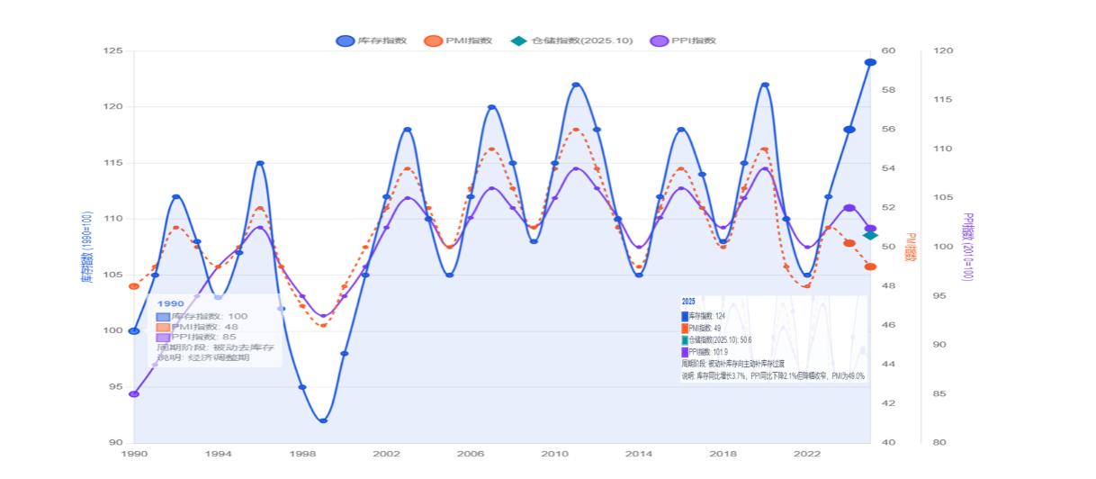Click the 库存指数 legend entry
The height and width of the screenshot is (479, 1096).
point(372,41)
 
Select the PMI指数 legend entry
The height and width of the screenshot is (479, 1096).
point(458,41)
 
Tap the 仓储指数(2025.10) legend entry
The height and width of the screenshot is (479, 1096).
point(558,41)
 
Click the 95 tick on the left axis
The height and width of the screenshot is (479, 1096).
point(115,387)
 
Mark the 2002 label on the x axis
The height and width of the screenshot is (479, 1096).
point(386,455)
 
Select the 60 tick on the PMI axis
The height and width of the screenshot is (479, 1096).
point(888,51)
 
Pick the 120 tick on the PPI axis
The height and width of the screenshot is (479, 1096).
point(943,51)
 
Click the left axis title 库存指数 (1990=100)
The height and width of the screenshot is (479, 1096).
point(87,248)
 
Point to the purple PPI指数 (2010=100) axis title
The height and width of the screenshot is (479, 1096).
point(968,248)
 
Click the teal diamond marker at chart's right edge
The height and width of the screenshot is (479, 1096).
point(870,235)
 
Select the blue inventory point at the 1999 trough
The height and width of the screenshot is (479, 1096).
point(323,420)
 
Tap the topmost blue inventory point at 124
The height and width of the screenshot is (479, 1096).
point(870,62)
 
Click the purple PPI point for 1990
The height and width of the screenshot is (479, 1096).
point(134,394)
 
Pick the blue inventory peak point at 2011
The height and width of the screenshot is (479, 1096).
point(576,85)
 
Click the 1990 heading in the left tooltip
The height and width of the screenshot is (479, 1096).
point(170,304)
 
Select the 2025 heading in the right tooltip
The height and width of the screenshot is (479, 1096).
point(688,301)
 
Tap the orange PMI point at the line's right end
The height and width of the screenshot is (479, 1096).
point(870,267)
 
